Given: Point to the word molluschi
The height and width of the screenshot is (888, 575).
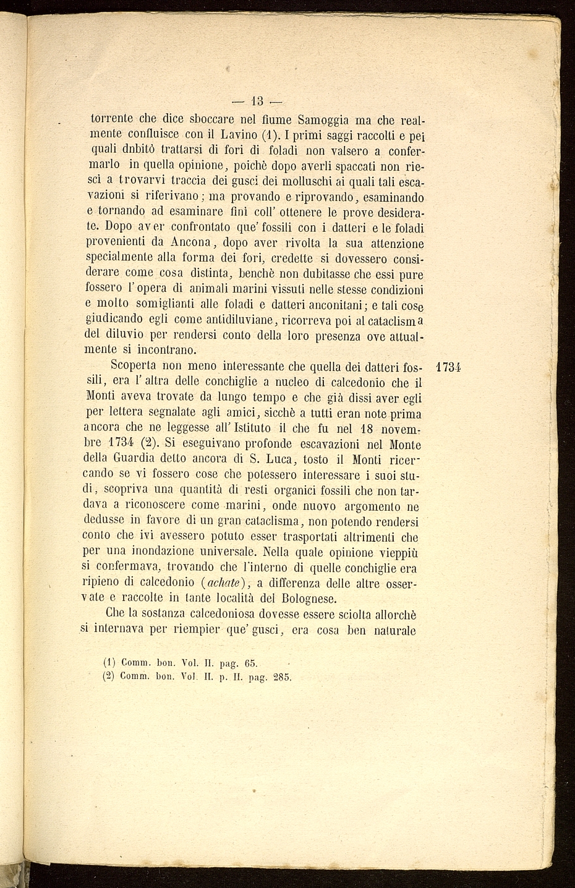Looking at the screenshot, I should click(x=307, y=182).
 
